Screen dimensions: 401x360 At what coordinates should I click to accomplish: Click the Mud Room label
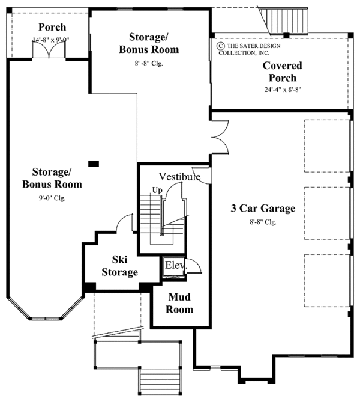[x=180, y=304]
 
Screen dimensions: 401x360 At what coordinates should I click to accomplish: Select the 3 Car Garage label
[x=263, y=209]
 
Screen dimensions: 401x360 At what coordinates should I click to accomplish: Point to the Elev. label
[x=176, y=264]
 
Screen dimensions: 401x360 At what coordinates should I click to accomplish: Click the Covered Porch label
[x=282, y=72]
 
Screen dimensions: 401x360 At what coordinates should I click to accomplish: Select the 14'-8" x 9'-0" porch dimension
[x=52, y=40]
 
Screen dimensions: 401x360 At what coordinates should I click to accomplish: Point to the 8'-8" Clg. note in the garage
[x=264, y=221]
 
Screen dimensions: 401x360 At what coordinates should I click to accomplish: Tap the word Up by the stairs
[x=157, y=190]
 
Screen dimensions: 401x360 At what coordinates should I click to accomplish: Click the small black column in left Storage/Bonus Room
[x=92, y=162]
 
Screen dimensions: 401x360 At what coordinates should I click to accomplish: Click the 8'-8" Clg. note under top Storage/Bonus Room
[x=145, y=62]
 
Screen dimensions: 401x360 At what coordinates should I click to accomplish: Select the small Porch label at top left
[x=52, y=28]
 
